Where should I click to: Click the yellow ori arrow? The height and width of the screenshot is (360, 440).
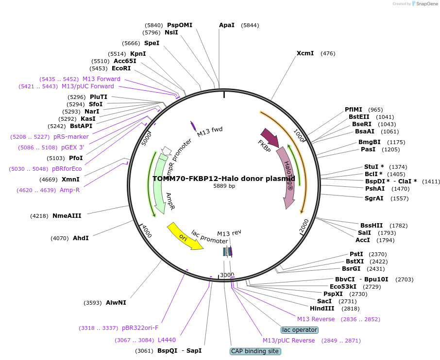185,236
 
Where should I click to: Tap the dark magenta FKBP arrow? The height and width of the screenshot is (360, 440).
270,138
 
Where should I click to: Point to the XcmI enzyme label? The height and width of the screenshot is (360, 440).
305,53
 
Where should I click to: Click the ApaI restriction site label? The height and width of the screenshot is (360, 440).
227,25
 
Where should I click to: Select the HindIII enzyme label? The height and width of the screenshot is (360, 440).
322,308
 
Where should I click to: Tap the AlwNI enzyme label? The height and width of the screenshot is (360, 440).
116,302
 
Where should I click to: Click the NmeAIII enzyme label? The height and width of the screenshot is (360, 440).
67,215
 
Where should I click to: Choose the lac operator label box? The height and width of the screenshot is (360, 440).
300,330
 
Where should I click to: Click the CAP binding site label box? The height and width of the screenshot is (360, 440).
255,351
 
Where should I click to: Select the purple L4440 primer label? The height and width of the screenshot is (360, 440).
167,340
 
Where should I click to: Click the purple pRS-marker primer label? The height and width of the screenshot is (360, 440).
71,137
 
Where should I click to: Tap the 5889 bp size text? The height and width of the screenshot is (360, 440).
224,186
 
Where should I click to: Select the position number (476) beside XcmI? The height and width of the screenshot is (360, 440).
328,53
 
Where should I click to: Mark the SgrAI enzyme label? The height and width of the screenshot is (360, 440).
374,198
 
